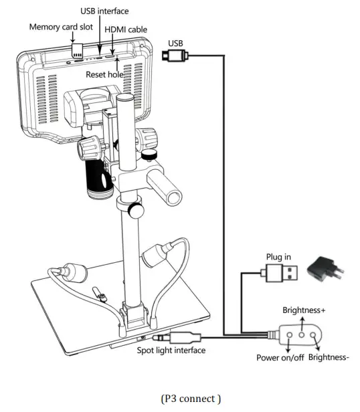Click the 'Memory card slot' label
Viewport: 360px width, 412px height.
(x=60, y=27)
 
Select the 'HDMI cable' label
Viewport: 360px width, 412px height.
(x=126, y=29)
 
